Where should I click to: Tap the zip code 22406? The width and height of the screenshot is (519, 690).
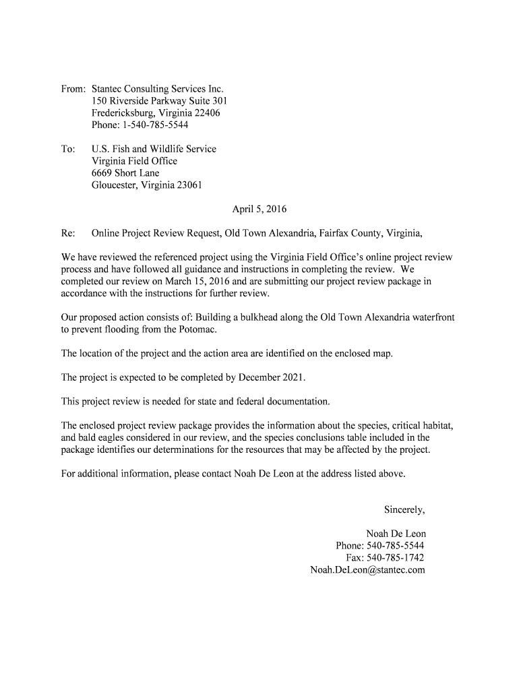click(x=206, y=113)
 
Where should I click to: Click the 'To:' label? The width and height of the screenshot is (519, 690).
click(x=67, y=149)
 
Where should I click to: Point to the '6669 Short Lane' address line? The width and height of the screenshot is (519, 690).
click(x=125, y=173)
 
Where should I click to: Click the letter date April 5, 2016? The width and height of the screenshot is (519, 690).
click(x=259, y=210)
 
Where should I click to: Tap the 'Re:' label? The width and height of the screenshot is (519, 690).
click(x=67, y=234)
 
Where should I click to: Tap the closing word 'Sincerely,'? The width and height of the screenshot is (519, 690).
click(x=404, y=509)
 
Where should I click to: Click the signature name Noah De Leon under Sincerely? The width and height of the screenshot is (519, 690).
click(x=396, y=534)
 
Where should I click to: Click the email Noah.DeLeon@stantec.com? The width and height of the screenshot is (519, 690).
click(x=367, y=570)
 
